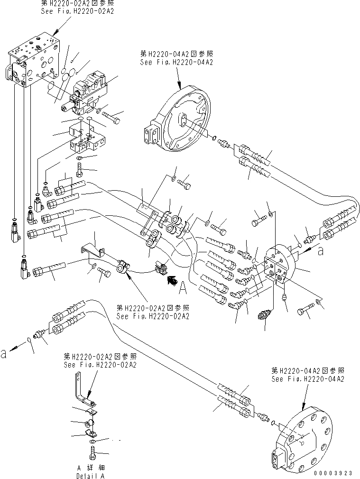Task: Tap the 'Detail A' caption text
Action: (x=90, y=475)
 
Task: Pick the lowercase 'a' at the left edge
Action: (x=4, y=353)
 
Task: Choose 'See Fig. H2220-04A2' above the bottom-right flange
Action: (x=307, y=379)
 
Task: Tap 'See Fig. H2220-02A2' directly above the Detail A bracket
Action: (x=100, y=365)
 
